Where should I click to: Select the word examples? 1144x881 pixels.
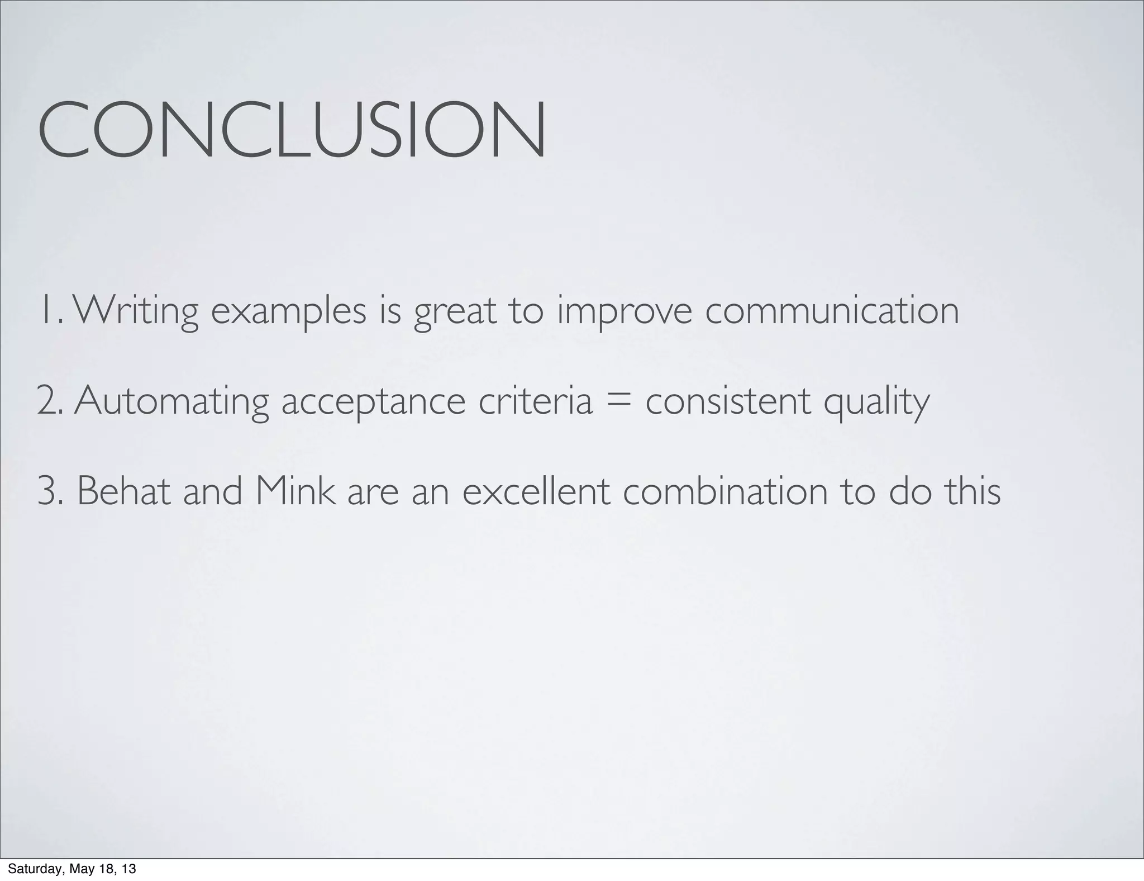pos(288,311)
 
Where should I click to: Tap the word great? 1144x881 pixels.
pos(455,311)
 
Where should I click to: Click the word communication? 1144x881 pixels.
pos(832,310)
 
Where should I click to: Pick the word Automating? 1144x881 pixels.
pos(171,401)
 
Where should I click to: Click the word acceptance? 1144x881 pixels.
pos(373,401)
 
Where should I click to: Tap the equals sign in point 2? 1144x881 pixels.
pos(619,401)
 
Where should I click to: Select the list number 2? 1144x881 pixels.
pos(49,401)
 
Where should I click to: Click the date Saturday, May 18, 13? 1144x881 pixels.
pos(72,869)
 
